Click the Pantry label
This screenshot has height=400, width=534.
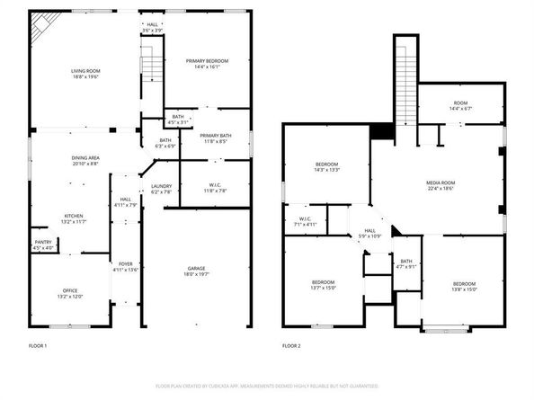[x=42, y=244]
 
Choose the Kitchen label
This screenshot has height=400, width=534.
[x=73, y=217]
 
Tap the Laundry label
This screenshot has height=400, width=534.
[x=161, y=189]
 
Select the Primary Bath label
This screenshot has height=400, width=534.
[x=216, y=138]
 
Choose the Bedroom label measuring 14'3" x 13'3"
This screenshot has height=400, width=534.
[x=326, y=166]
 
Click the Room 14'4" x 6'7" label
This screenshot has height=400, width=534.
[x=460, y=106]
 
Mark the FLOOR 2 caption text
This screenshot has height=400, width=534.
[x=291, y=345]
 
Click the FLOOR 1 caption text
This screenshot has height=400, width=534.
[x=38, y=345]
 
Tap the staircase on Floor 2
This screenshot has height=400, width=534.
[x=406, y=81]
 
